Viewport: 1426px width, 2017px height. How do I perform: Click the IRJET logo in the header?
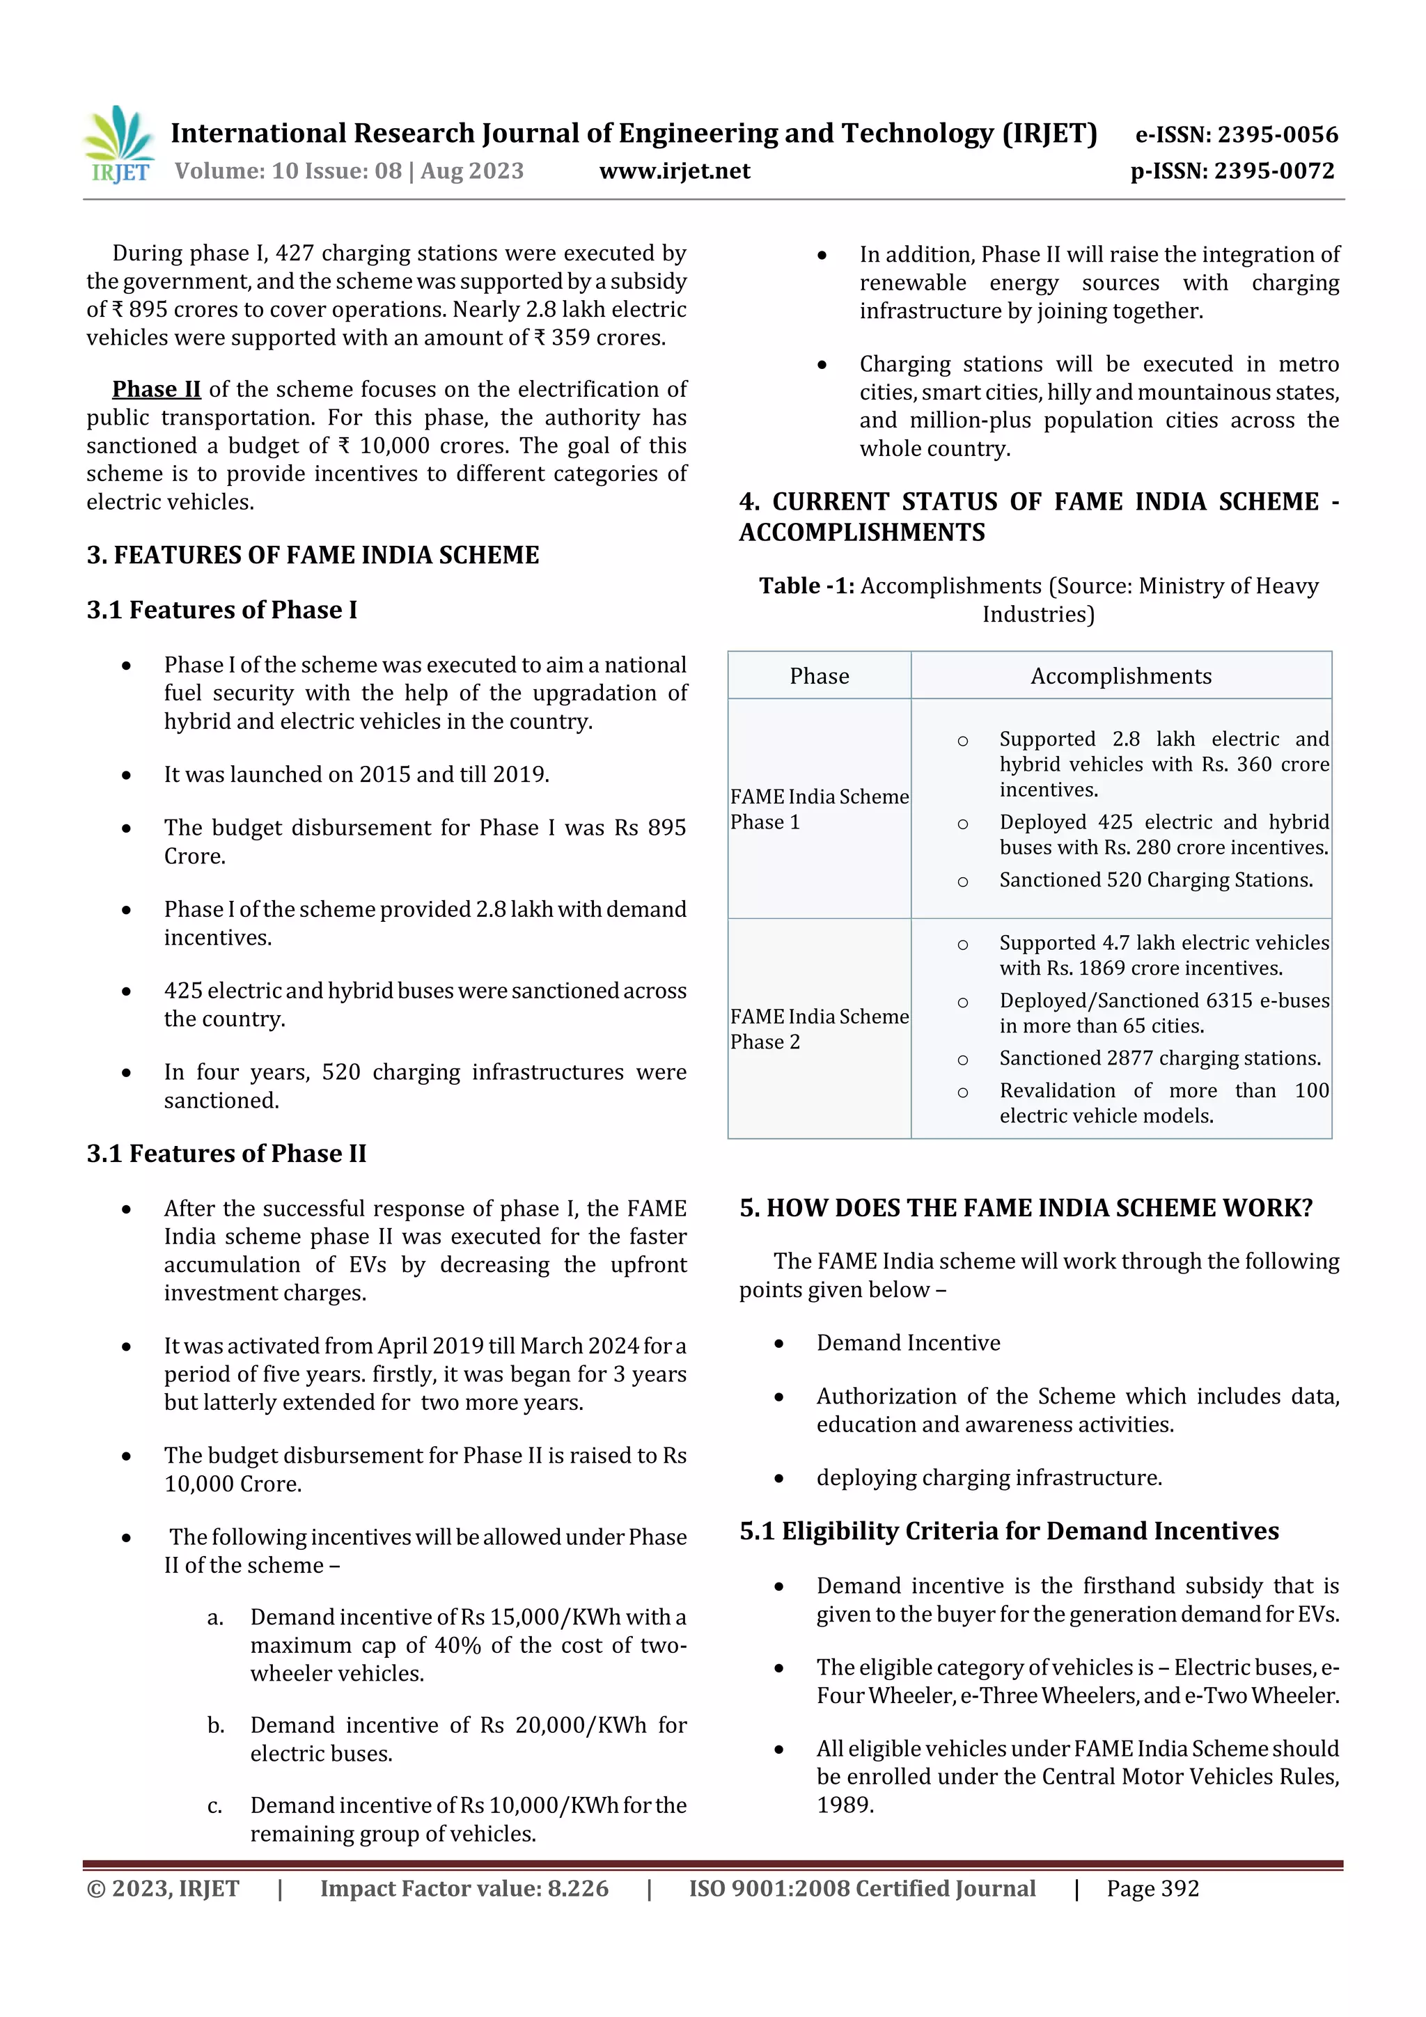(x=118, y=145)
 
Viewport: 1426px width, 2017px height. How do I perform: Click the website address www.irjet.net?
(x=674, y=171)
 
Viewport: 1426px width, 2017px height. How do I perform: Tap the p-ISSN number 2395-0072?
(x=1273, y=171)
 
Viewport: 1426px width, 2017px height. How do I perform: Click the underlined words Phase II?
(x=157, y=389)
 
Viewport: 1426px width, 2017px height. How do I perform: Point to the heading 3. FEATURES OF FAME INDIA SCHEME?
(x=313, y=555)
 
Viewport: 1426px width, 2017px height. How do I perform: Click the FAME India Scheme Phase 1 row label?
(x=819, y=809)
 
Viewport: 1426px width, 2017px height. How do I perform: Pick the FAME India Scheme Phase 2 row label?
(x=819, y=1029)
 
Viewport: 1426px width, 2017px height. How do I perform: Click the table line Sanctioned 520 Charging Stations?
(x=1155, y=879)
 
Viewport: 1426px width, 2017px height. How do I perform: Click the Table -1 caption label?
(x=806, y=586)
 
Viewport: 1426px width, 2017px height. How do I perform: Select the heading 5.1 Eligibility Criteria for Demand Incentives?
(x=1009, y=1531)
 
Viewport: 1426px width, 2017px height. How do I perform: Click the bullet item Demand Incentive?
(x=908, y=1342)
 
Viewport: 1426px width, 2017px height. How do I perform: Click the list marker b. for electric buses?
(x=215, y=1725)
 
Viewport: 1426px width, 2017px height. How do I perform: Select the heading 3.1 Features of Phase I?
(x=221, y=610)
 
